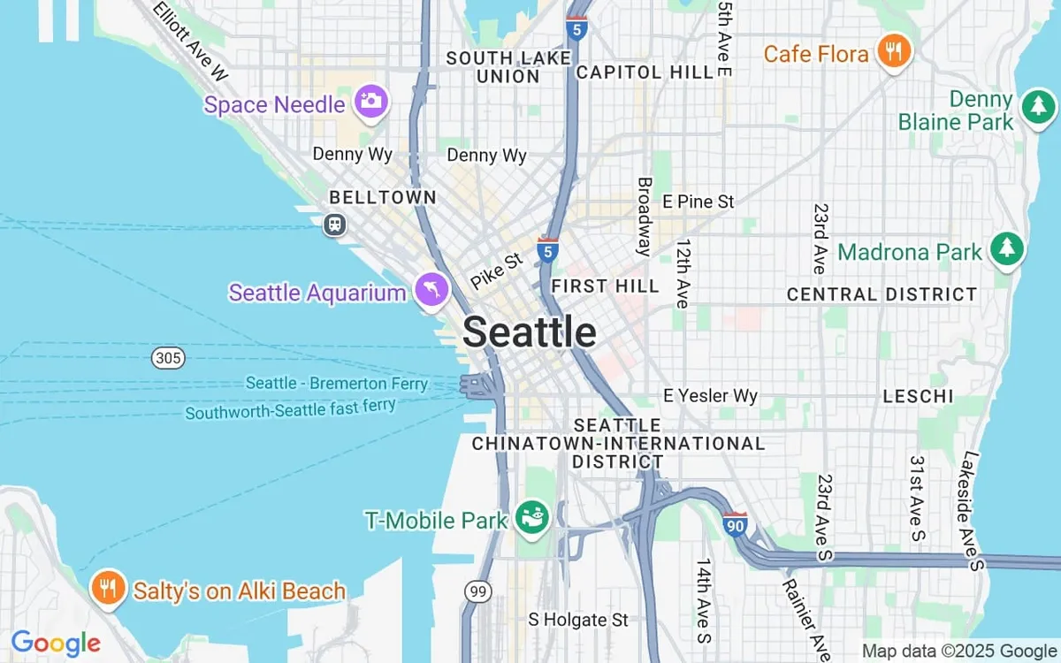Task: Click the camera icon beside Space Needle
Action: pos(371,102)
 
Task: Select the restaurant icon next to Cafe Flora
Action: pos(894,53)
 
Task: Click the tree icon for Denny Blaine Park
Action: pos(1037,107)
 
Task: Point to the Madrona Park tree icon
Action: pos(1007,249)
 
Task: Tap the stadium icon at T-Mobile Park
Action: pos(532,516)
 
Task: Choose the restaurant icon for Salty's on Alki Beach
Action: pos(108,588)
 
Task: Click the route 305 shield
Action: pos(167,358)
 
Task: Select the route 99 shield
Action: pos(478,591)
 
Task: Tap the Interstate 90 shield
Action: pos(735,524)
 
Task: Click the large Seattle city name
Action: pos(529,332)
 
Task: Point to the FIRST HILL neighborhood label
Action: pos(605,286)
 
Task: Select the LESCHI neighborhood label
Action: pos(919,397)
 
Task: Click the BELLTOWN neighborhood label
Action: pos(382,197)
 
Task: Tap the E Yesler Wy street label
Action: pos(710,396)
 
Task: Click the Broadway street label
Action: pos(645,217)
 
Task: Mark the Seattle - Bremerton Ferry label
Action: pos(336,384)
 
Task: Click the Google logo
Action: pos(55,643)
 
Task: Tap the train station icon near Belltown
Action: pos(334,224)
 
